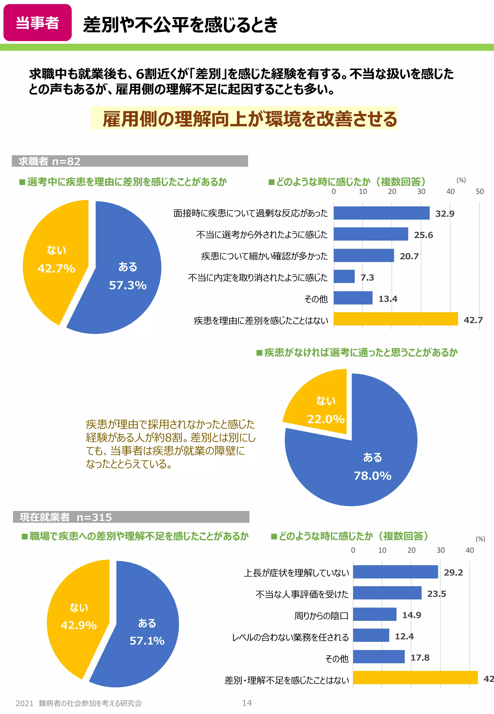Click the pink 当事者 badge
coord(37,23)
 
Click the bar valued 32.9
coord(381,213)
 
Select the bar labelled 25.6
coord(370,234)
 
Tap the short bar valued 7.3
coord(344,277)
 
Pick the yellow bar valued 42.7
coord(395,319)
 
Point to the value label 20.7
coord(409,256)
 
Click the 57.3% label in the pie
coord(128,285)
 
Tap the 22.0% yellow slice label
coord(326,419)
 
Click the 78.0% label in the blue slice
coord(372,476)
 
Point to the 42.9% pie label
coord(79,625)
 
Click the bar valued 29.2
coord(395,572)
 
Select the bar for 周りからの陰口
coord(375,614)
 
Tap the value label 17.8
coord(420,657)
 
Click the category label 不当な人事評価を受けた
coord(302,594)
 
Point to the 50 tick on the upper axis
coord(480,192)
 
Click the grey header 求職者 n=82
coord(130,161)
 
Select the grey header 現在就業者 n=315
coord(131,517)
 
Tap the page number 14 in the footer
coord(247,703)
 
